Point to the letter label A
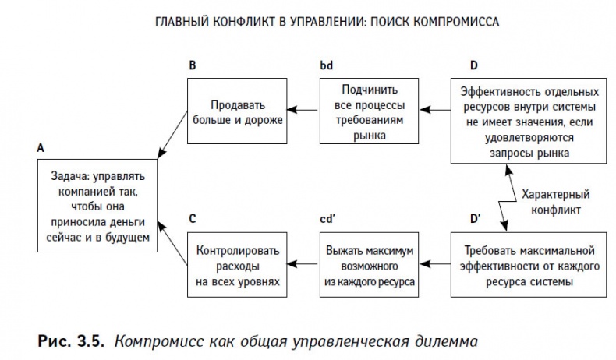click(40, 146)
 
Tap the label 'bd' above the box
click(326, 65)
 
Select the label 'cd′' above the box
click(328, 220)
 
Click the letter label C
click(192, 220)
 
